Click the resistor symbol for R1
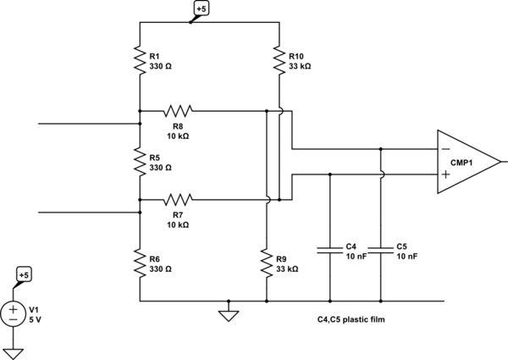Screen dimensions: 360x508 coord(140,59)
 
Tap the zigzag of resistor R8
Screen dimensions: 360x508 coord(179,110)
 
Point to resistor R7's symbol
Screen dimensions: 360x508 coord(179,199)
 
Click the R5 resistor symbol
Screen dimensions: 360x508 coord(140,161)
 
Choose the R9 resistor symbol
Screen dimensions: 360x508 coord(266,263)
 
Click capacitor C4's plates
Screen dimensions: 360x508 coord(329,250)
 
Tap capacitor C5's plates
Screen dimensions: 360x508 coord(380,250)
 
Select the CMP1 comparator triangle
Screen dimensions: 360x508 coord(466,162)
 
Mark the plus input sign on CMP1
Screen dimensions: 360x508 coord(444,174)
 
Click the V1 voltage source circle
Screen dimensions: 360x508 coord(14,314)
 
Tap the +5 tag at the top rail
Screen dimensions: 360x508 coord(201,9)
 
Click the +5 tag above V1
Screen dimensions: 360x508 coord(25,275)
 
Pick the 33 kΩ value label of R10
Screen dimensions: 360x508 coord(301,64)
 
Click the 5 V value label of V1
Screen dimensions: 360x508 coord(36,319)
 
